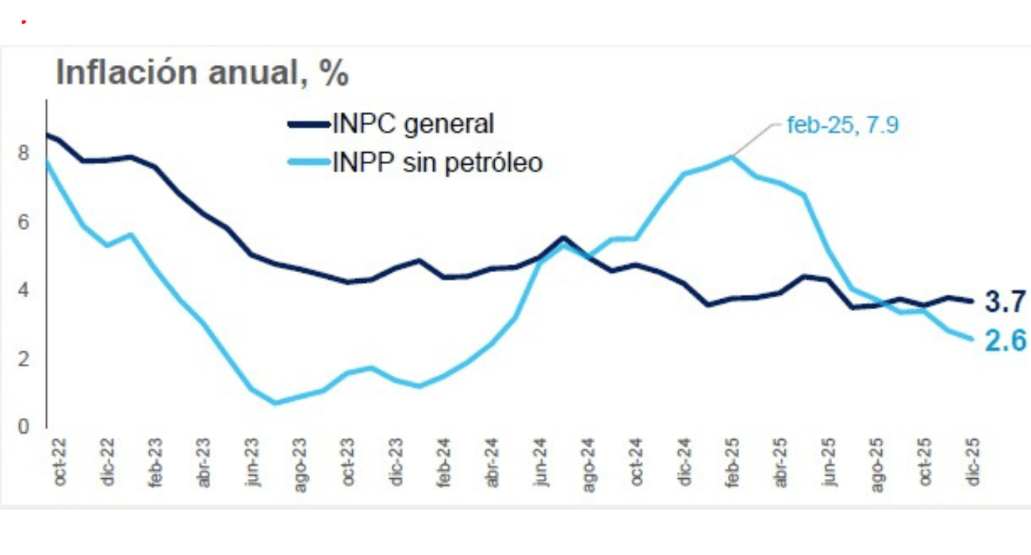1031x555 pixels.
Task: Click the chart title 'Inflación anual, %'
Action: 202,73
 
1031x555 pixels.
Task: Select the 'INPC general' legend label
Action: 412,124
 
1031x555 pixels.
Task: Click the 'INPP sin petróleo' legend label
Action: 437,163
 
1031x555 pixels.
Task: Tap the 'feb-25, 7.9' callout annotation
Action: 842,124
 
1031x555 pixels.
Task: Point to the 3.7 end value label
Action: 1006,301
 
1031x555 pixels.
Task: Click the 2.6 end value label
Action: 1006,341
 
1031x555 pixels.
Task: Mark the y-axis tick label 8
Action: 24,152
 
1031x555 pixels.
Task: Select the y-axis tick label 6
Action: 24,221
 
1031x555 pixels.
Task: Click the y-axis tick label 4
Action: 24,290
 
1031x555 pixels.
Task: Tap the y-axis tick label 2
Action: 24,358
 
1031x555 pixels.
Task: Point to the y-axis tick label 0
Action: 24,427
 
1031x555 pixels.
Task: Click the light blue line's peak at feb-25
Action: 731,156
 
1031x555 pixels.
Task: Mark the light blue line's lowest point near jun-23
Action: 275,403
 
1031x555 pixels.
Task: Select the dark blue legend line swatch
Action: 307,124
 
